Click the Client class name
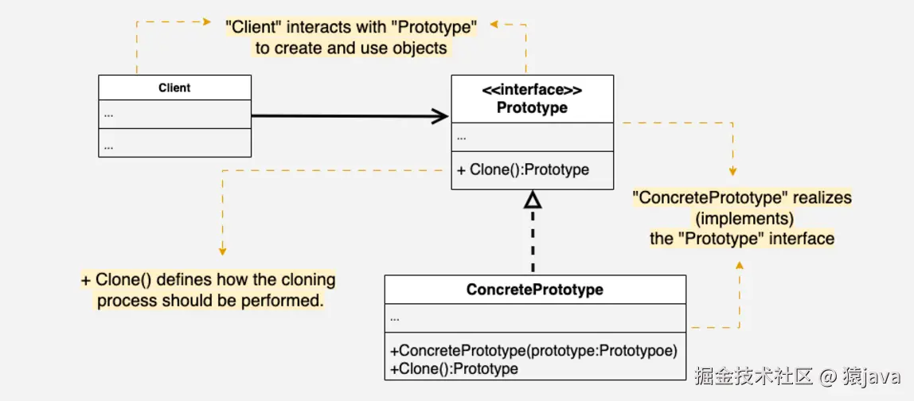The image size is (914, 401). pos(174,88)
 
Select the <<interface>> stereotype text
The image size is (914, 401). pos(532,90)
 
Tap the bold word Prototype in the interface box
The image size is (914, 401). pos(532,107)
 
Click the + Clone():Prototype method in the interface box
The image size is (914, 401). pos(523,169)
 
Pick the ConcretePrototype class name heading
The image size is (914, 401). pos(534,290)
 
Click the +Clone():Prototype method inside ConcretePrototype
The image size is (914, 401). pos(454,368)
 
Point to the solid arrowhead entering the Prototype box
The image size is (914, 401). pos(439,116)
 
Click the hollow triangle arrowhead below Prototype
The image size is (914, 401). pos(533,199)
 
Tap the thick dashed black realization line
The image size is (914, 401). pos(533,243)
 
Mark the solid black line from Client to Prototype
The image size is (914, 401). pos(342,116)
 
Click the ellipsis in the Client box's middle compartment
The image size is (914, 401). pos(108,114)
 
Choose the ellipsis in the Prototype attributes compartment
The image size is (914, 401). pos(462,137)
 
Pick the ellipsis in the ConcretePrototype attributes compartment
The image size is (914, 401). pos(395,318)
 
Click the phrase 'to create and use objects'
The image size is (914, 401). pos(351,49)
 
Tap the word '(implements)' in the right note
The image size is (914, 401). pos(742,218)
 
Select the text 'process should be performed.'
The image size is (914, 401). pos(210,301)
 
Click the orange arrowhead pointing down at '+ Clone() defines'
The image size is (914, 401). pos(223,251)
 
